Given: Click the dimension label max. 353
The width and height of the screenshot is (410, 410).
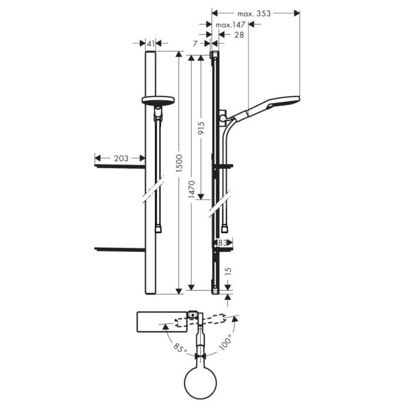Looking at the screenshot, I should tap(254, 13).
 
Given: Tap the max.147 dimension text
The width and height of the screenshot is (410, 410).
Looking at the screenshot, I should tap(230, 25).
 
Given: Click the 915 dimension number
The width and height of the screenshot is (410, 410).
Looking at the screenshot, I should tap(201, 129).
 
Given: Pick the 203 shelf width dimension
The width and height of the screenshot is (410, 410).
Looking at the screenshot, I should tap(120, 158).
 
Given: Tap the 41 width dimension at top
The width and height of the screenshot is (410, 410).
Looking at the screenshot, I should tap(151, 43).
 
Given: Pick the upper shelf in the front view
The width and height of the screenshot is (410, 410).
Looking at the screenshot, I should tap(119, 167).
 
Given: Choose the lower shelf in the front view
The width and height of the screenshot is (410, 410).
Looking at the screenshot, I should tap(119, 249).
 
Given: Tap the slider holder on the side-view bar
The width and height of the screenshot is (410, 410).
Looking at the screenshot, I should tap(223, 117).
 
